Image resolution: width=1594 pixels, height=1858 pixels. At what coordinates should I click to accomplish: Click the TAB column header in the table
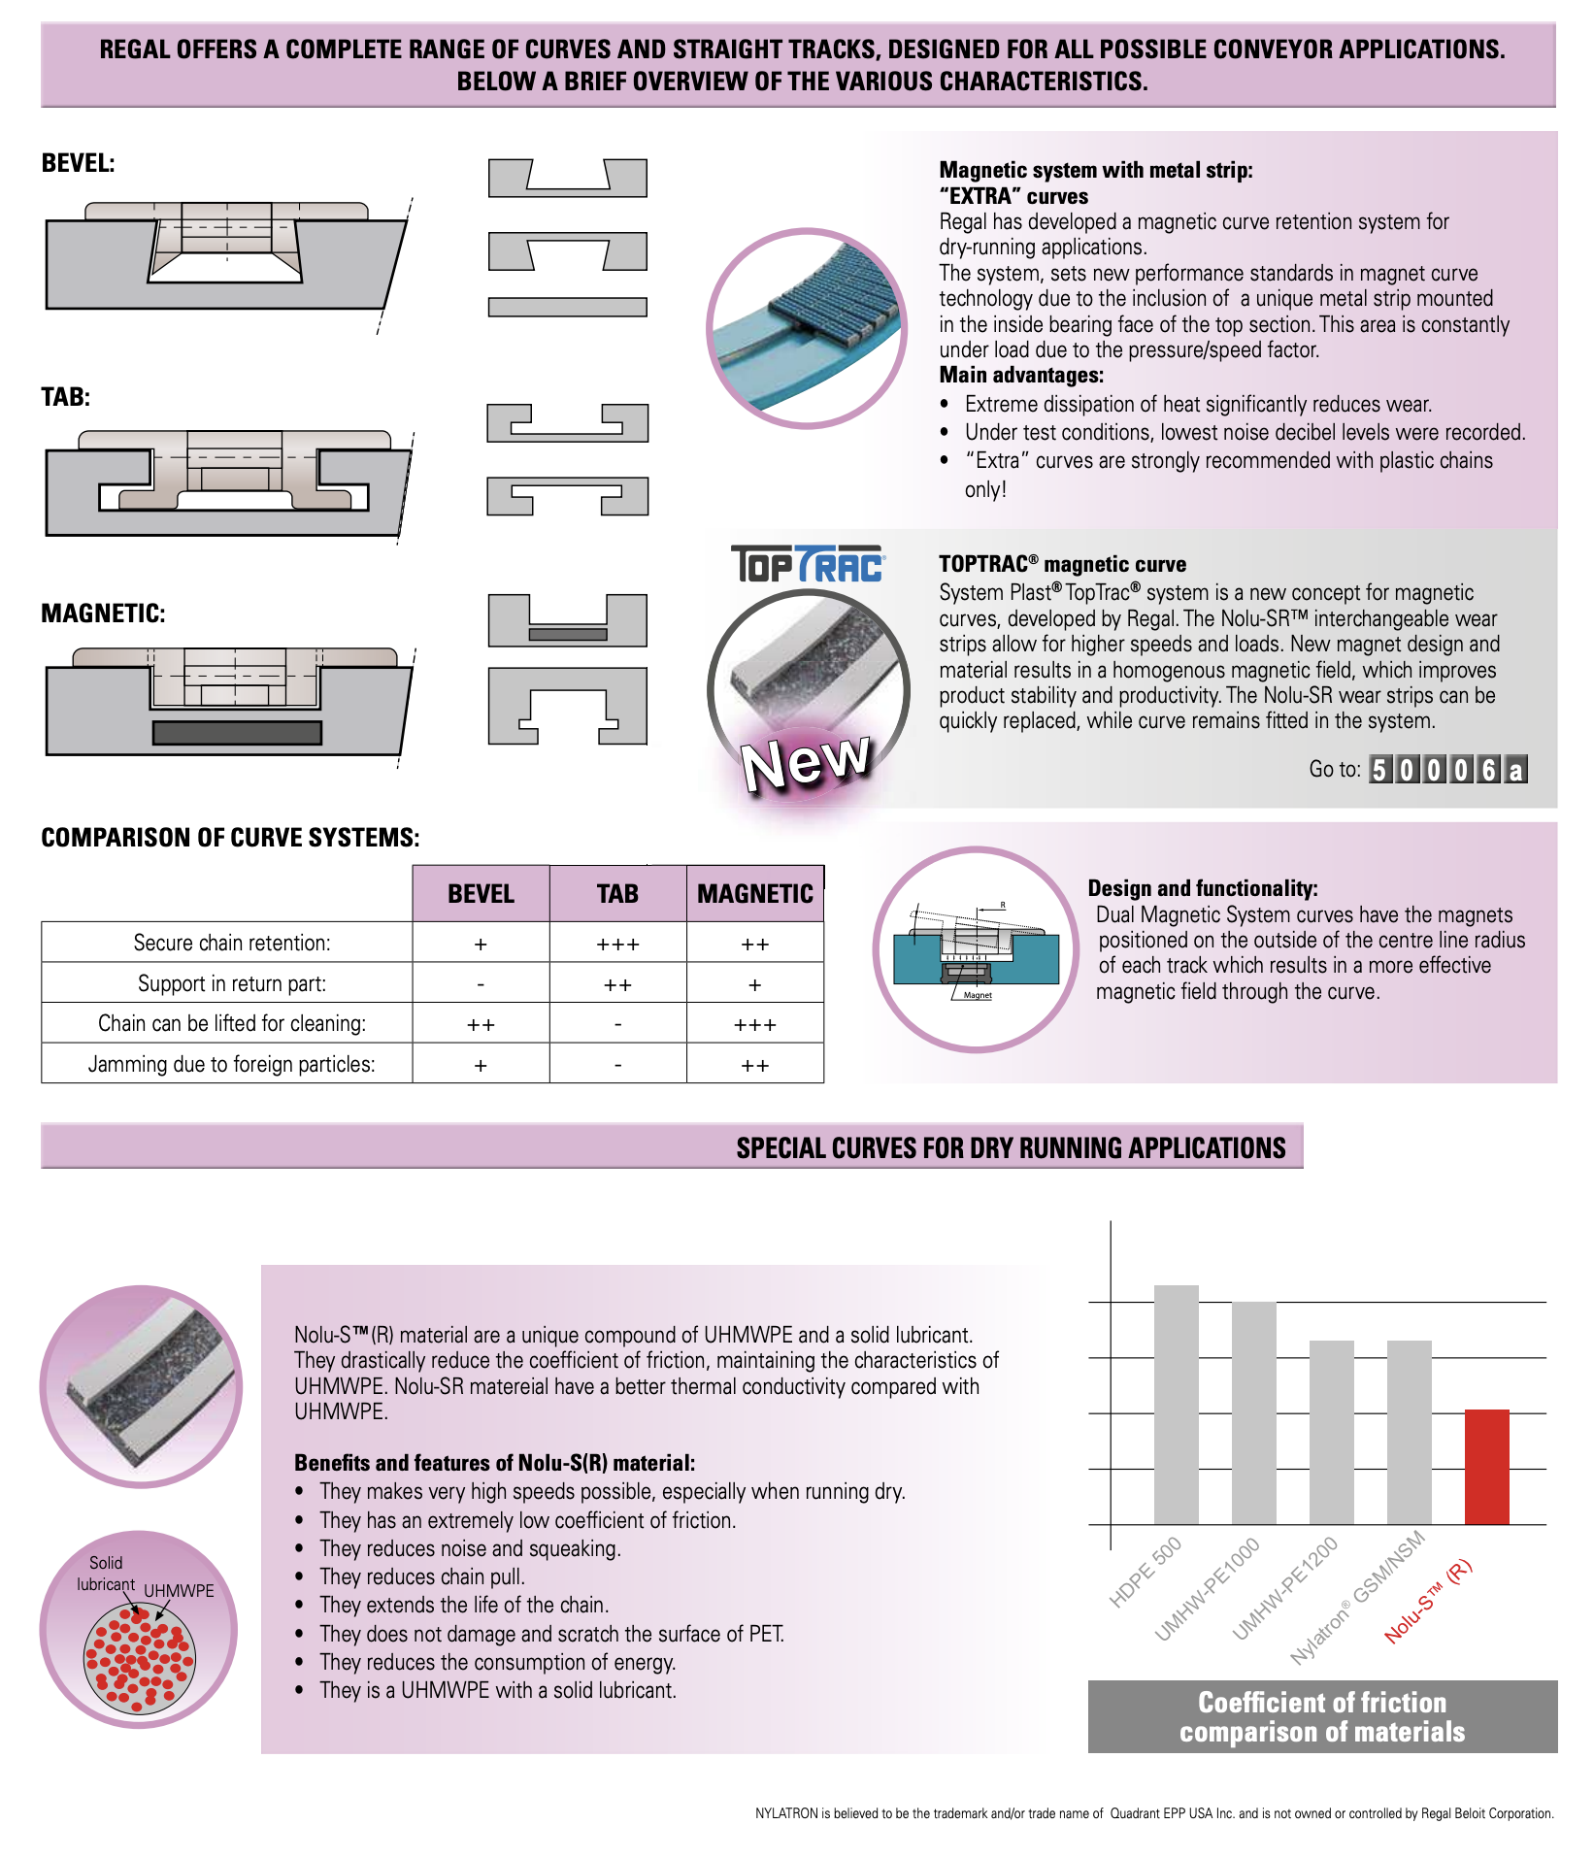617,893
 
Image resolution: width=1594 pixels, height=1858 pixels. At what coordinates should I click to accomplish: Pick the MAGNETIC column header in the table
754,893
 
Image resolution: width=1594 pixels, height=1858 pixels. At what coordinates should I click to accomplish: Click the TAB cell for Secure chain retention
617,944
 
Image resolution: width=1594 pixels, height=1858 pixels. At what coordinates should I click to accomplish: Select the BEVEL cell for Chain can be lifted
481,1024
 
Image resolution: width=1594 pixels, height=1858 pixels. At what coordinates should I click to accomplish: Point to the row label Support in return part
231,983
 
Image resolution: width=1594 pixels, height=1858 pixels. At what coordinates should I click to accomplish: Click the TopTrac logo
807,564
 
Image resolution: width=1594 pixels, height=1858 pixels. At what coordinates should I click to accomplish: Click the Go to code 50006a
1447,770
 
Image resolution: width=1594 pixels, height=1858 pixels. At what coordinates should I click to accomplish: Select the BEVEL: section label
78,163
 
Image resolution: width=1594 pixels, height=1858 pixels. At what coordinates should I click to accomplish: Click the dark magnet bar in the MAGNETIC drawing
237,732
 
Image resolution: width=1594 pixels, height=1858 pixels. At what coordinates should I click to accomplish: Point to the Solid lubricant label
106,1573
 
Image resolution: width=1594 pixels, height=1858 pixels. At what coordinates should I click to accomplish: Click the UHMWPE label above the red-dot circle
179,1590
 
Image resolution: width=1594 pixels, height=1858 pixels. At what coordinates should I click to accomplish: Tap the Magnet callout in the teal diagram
978,995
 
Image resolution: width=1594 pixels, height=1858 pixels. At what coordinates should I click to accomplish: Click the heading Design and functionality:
1202,887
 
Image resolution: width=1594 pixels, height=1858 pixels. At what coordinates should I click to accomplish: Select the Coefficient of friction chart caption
1321,1716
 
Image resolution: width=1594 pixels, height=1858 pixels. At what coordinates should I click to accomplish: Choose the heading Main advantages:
1020,375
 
